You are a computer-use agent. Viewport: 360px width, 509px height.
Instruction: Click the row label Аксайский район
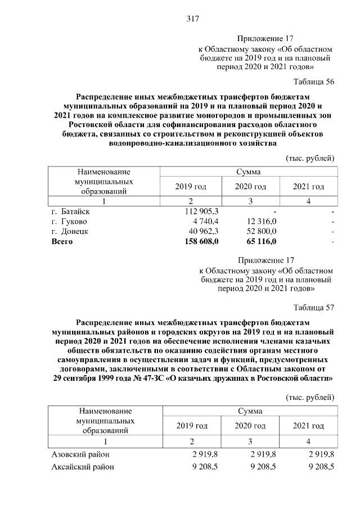(x=83, y=466)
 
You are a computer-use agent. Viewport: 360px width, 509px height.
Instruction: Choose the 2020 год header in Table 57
(x=250, y=426)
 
